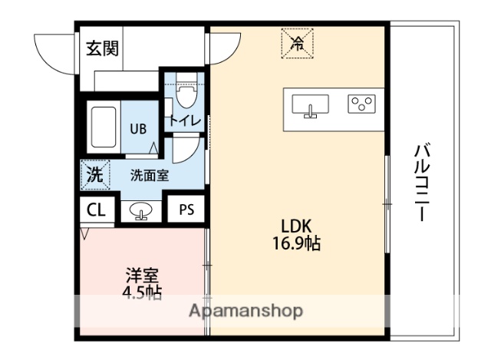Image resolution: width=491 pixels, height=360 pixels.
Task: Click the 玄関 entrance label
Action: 101,50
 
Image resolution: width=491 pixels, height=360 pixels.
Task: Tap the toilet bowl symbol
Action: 183,97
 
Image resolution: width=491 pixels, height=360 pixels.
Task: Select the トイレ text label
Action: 185,121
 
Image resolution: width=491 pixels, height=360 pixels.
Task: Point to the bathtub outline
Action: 103,127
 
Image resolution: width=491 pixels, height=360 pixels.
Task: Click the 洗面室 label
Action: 149,174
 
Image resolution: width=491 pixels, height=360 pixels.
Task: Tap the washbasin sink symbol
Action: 139,210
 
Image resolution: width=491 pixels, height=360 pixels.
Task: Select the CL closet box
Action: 96,210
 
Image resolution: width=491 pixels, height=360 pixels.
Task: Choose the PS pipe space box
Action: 186,210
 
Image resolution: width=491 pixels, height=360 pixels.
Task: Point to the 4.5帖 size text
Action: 142,292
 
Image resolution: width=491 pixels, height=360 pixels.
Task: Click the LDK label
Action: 296,226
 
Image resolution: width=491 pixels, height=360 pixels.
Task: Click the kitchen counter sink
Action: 311,106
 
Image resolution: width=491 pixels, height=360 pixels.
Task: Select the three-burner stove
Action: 361,104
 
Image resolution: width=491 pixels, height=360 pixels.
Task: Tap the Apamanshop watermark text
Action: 245,312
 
